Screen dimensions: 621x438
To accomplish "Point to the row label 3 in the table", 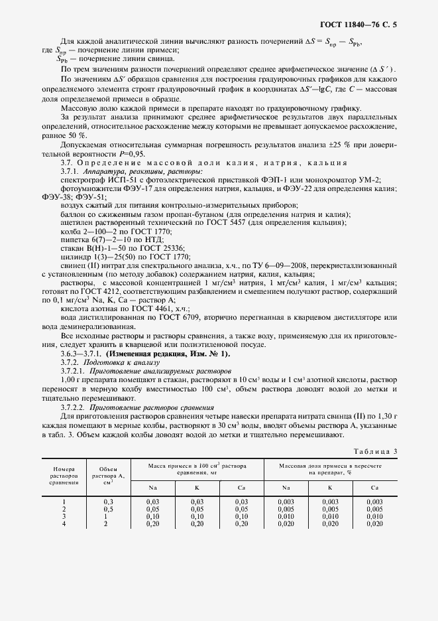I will (x=64, y=516).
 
